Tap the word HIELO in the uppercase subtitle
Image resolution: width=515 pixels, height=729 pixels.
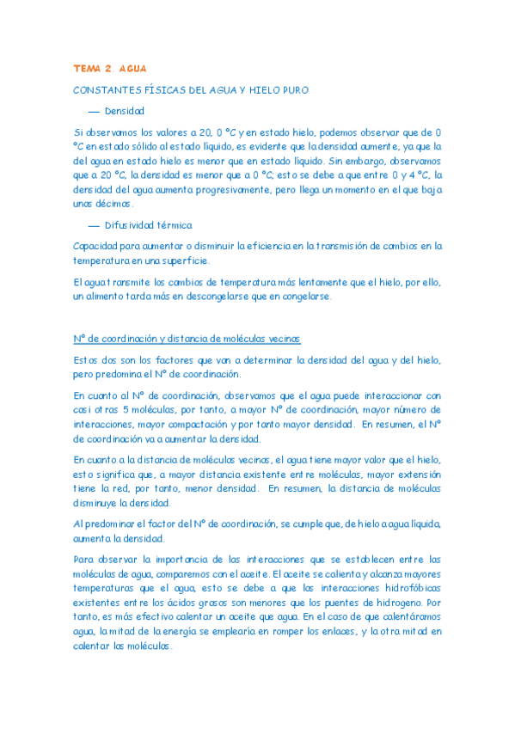pos(273,89)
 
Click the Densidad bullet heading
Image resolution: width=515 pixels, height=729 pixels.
pos(125,111)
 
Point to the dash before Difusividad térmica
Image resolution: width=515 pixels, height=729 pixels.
pos(95,225)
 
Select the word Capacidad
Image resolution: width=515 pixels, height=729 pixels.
pos(98,246)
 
